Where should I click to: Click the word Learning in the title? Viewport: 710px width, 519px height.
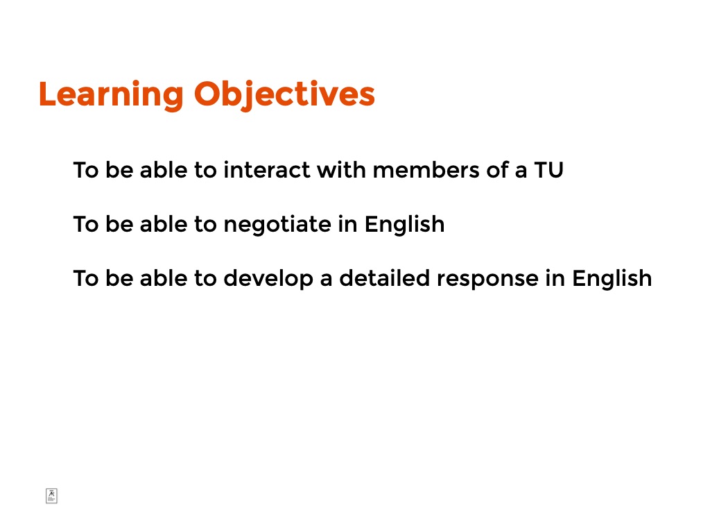[x=111, y=95]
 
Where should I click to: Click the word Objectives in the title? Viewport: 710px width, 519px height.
[x=284, y=95]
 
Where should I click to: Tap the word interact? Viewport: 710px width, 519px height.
[x=267, y=171]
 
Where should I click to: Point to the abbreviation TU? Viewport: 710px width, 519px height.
[x=549, y=171]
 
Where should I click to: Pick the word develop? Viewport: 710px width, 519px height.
[x=268, y=279]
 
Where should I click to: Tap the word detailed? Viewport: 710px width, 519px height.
[x=384, y=278]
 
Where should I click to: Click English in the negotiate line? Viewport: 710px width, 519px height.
[x=404, y=225]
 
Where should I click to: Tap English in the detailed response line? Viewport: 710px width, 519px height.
[x=612, y=279]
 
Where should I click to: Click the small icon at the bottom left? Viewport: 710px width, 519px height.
[x=51, y=496]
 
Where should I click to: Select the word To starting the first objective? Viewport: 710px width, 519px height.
[x=86, y=171]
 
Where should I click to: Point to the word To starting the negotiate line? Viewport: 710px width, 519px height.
[x=86, y=224]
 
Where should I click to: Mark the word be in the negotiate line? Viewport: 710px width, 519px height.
[x=119, y=224]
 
